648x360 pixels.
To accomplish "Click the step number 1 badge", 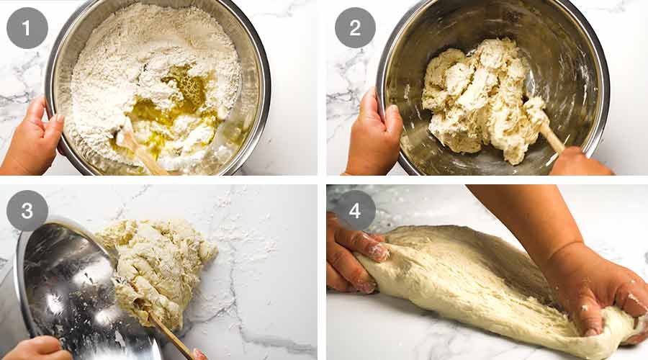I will pos(27,28).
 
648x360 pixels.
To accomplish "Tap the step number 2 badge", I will pos(355,28).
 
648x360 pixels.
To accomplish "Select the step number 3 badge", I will pos(27,210).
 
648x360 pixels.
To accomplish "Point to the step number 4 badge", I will pos(355,210).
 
